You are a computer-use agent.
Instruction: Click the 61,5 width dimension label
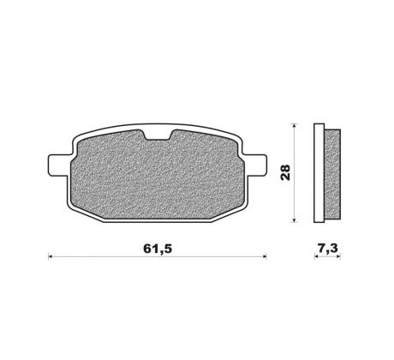click(x=158, y=249)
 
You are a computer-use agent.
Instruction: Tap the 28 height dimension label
click(x=285, y=172)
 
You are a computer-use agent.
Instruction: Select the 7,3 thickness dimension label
click(x=327, y=249)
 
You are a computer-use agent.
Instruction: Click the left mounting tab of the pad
click(x=58, y=165)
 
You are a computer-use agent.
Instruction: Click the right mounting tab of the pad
click(x=255, y=165)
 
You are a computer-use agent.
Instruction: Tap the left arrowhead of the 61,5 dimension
click(x=50, y=257)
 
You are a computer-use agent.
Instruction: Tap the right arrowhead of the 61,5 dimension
click(x=265, y=257)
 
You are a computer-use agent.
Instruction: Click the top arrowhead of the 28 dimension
click(x=295, y=126)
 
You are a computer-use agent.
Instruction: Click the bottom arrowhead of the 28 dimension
click(x=295, y=220)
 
